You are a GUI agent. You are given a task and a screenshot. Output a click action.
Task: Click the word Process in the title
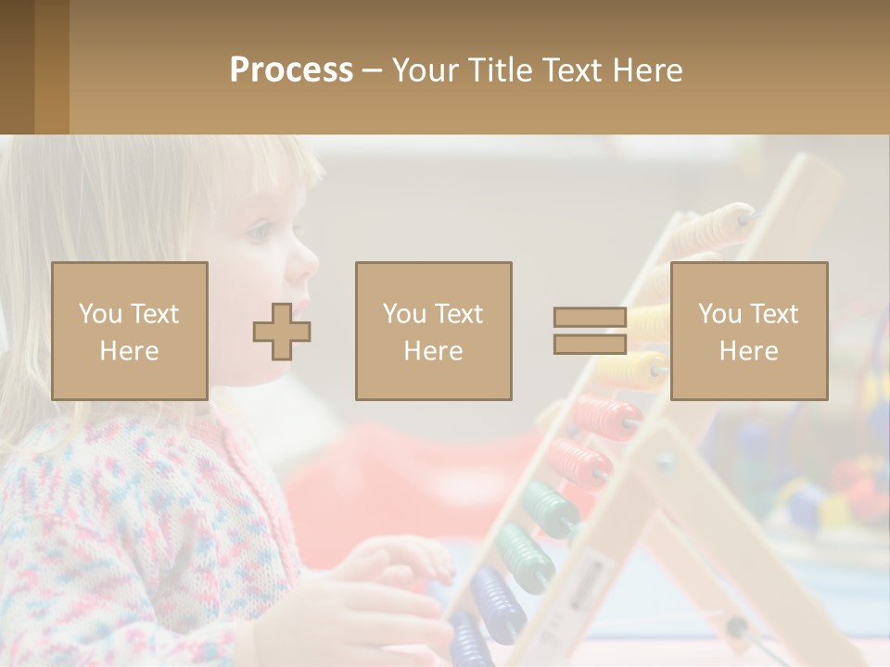pos(291,70)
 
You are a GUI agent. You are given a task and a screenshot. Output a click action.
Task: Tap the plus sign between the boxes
pos(282,332)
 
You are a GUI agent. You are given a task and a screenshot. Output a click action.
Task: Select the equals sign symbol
pos(590,331)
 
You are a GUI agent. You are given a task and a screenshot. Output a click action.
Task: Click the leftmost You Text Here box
pos(130,331)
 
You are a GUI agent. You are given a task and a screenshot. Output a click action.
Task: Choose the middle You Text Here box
pos(433,331)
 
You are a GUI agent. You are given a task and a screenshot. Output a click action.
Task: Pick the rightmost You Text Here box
pos(748,331)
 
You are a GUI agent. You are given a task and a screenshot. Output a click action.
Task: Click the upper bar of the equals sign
pos(590,317)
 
